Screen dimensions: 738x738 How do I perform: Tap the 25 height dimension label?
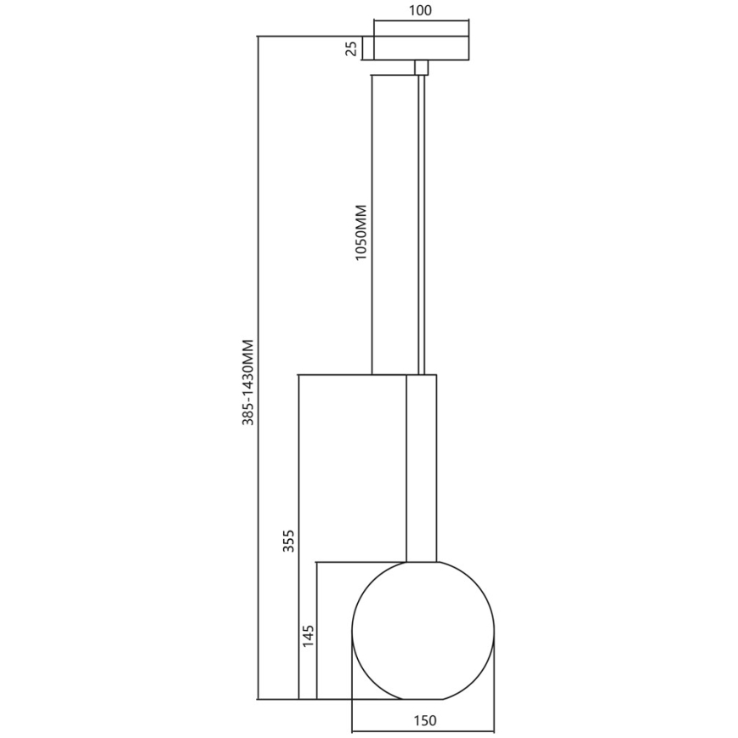350,48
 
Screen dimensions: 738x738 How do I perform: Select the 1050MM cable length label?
360,232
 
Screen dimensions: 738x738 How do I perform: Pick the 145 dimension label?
308,635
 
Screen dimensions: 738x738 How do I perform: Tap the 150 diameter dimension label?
425,721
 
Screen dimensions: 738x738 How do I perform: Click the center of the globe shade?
423,630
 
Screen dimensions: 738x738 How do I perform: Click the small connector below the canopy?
420,67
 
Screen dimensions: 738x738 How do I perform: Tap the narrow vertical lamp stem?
421,468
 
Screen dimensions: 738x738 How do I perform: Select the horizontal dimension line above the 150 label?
423,729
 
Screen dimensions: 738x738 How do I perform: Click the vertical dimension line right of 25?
363,48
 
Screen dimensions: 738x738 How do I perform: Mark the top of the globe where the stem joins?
422,562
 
